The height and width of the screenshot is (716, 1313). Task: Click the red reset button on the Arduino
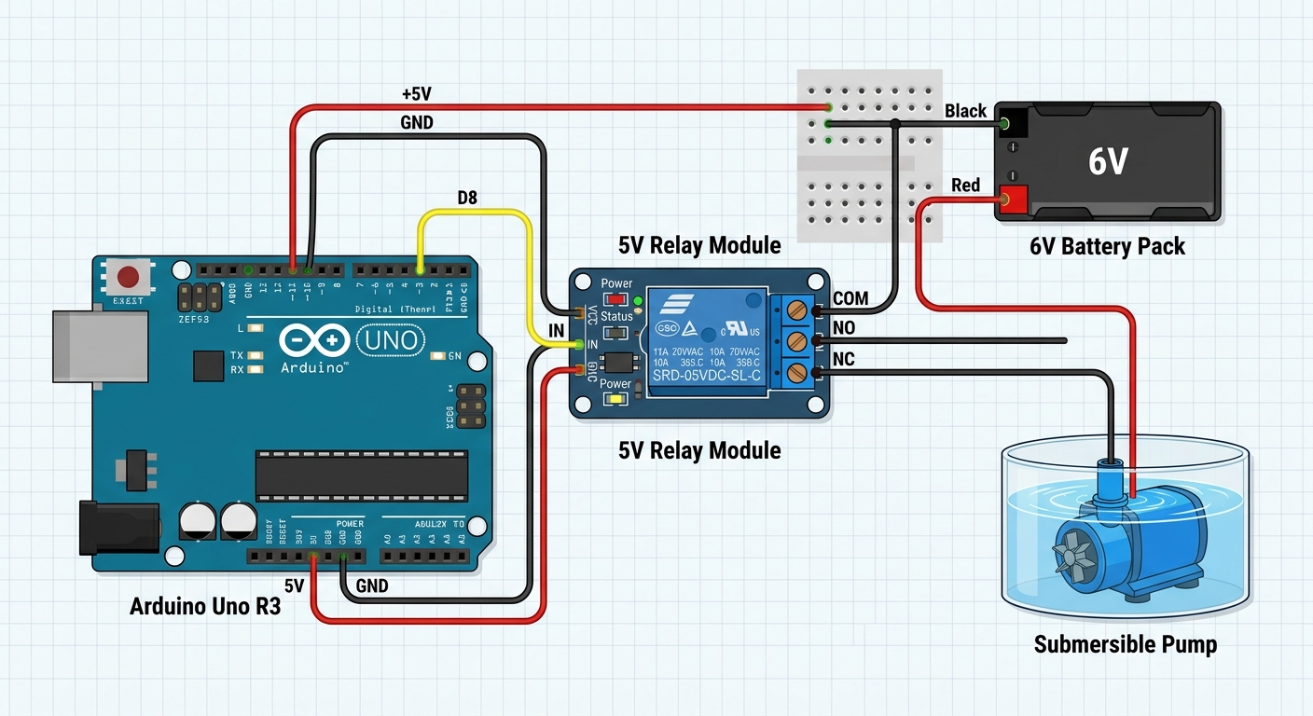tap(128, 277)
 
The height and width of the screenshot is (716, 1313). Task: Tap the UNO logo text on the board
tap(390, 339)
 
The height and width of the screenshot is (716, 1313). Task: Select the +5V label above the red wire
tap(416, 94)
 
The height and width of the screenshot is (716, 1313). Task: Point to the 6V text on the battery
tap(1108, 162)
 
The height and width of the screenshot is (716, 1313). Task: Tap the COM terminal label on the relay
tap(850, 298)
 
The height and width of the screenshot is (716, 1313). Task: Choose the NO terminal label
tap(843, 328)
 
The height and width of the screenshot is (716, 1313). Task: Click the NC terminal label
tap(843, 360)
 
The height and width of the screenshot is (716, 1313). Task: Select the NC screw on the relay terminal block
tap(795, 373)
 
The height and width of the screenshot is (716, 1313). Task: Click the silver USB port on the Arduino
tap(100, 346)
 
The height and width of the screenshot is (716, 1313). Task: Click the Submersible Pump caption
tap(1125, 644)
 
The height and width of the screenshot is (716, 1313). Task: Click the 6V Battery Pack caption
tap(1107, 246)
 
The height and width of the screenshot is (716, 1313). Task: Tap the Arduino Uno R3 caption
tap(205, 607)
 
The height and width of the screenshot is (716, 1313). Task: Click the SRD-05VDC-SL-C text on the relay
tap(707, 377)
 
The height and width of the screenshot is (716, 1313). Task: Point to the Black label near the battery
tap(965, 111)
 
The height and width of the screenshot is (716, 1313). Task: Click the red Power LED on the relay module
tap(615, 299)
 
